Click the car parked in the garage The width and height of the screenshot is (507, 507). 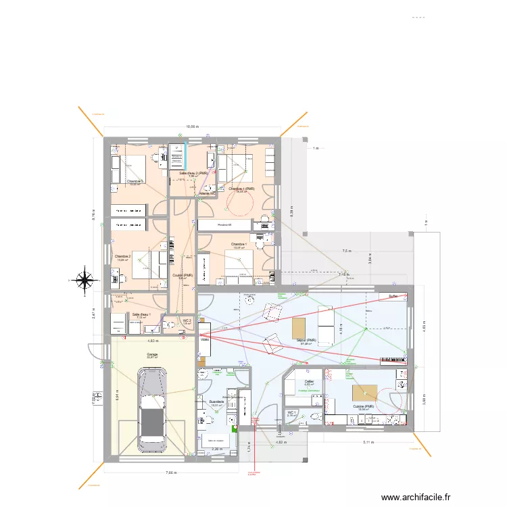(x=152, y=410)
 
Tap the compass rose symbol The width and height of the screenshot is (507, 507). (x=84, y=279)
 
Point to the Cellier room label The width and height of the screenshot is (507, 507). (x=309, y=382)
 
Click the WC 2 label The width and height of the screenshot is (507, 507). (x=187, y=321)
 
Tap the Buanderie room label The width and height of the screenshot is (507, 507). (x=216, y=402)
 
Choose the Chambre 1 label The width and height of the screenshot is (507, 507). (x=237, y=244)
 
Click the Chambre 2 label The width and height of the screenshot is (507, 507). (x=123, y=257)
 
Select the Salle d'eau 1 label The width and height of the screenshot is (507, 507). (x=141, y=314)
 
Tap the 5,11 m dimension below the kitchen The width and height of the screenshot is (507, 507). (x=368, y=443)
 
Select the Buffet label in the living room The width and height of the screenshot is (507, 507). (x=393, y=296)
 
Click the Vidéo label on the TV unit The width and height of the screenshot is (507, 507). (x=204, y=341)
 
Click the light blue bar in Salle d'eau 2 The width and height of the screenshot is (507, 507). (x=185, y=155)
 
